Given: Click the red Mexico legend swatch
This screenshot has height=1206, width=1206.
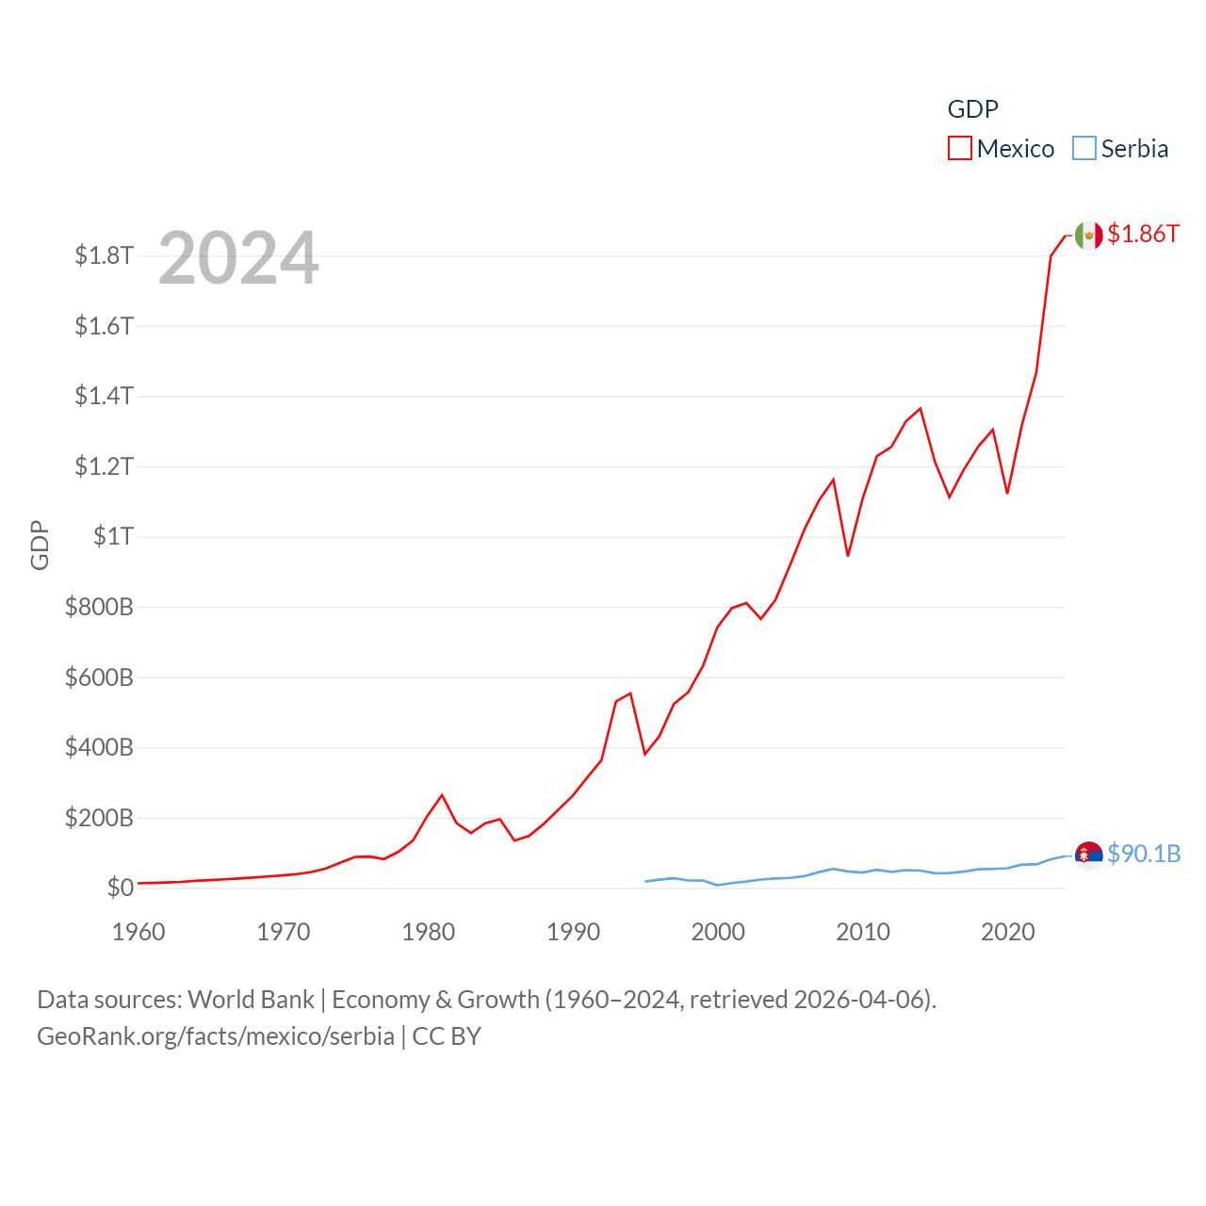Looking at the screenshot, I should (959, 149).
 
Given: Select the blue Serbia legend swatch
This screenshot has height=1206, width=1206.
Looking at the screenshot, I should (1084, 149).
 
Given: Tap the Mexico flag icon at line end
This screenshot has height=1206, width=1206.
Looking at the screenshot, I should (1088, 236).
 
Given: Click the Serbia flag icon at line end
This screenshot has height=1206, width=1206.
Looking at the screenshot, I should (1088, 855).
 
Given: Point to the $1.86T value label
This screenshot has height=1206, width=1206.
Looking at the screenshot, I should (1143, 234).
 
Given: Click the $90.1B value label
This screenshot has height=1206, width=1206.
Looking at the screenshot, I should (1144, 854).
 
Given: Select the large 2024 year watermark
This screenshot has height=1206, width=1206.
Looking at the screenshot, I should (238, 258).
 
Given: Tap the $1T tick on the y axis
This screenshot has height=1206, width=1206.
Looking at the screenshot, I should (113, 536).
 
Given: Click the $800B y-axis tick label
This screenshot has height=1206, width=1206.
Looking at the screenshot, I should (99, 607).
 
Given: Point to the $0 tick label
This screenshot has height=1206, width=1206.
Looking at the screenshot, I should (120, 888).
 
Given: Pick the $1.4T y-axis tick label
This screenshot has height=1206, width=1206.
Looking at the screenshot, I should (104, 396).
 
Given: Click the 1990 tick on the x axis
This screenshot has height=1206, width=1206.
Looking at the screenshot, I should (573, 932).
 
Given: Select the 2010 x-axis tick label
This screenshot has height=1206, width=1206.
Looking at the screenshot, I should (863, 932).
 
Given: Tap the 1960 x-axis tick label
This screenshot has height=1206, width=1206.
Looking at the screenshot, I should (139, 932).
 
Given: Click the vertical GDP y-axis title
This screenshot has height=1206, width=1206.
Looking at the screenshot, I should (40, 545).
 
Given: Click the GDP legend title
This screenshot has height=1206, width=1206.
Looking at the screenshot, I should (972, 109).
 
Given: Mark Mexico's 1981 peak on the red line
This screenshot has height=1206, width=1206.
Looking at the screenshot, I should (442, 795).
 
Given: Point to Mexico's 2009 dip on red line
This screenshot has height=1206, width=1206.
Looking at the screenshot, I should (848, 555).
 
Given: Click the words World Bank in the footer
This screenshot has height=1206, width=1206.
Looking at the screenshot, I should (251, 1000).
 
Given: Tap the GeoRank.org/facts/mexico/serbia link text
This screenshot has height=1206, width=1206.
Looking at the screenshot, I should (216, 1036).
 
